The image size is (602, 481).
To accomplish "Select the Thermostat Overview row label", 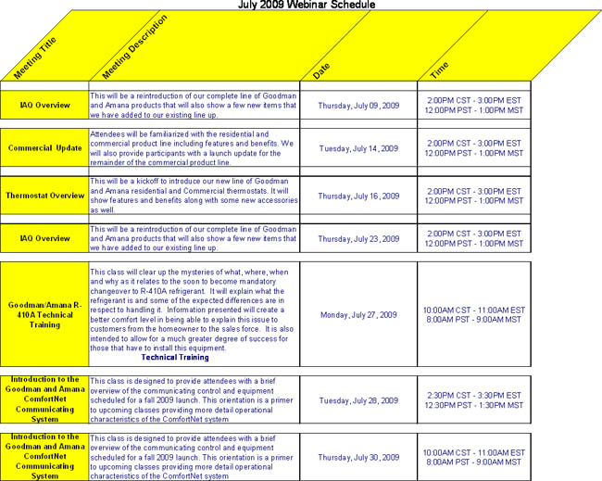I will pos(44,196).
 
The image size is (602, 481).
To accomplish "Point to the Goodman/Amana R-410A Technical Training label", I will pos(44,314).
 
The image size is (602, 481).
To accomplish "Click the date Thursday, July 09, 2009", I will pos(358,105).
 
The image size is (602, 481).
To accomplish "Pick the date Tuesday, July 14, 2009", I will pos(358,148).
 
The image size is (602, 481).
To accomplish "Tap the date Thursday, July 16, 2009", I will pos(358,196).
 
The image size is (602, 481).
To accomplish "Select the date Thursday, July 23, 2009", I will pos(358,238).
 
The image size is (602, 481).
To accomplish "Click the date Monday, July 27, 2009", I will pos(358,314).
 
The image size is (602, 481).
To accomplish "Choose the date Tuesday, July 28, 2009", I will pos(358,400).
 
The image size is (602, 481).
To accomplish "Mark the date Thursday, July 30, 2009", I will pos(358,457).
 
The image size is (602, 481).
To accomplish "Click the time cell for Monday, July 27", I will pos(473,314).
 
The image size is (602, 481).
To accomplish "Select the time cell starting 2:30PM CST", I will pos(473,400).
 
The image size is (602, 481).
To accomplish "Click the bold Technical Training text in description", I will pos(175,357).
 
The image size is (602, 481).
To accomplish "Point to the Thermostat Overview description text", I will pos(193,195).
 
